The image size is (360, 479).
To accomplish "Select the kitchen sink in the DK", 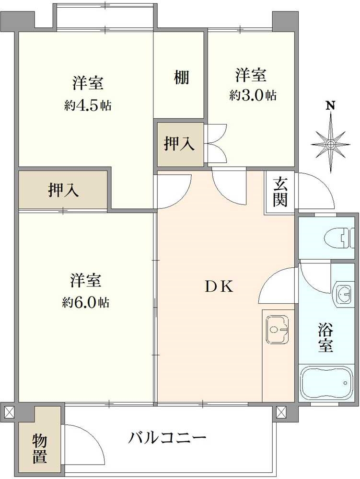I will click(x=277, y=329).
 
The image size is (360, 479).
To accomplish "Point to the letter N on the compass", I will click(x=330, y=106).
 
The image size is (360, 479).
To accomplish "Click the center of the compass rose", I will click(x=330, y=144).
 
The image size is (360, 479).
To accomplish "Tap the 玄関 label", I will click(x=280, y=192).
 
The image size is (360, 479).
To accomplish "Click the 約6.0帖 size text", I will click(x=86, y=303).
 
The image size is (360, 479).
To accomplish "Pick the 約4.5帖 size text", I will click(x=88, y=106).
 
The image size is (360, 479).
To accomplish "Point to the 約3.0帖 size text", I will click(x=253, y=95).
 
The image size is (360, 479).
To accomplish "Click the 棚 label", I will click(x=181, y=77).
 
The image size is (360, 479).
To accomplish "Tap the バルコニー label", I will click(x=167, y=437).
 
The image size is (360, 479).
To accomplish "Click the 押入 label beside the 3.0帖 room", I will click(x=180, y=144).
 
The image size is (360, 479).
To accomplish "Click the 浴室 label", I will click(x=325, y=337).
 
